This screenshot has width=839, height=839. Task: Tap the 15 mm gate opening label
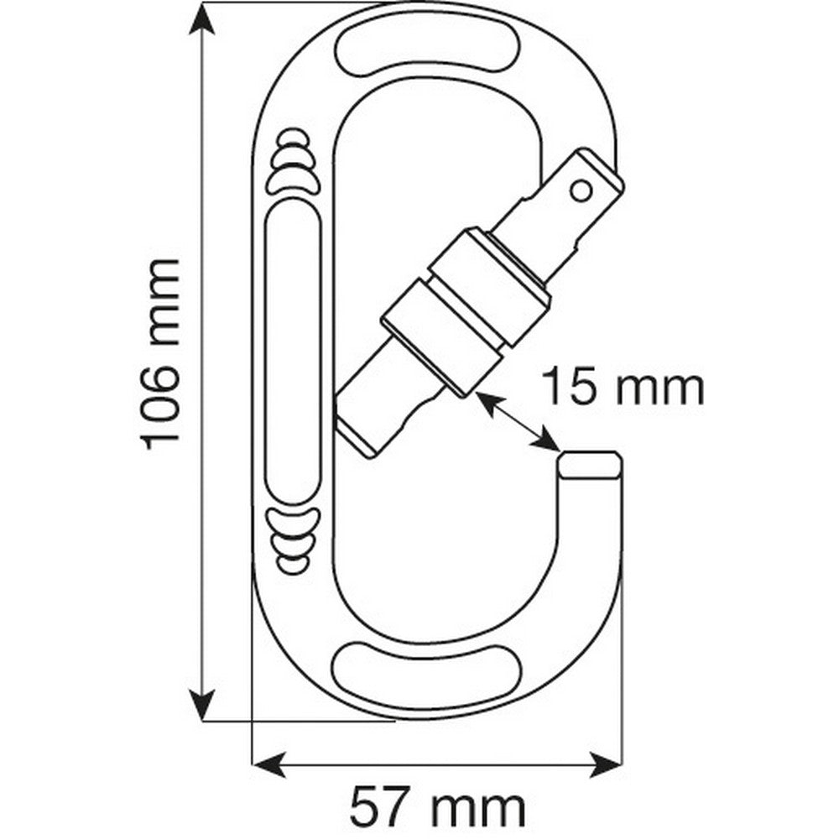point(622,388)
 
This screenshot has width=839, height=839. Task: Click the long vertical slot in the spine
point(293,353)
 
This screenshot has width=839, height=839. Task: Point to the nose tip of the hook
point(590,464)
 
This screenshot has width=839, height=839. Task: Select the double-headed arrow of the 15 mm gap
point(517,421)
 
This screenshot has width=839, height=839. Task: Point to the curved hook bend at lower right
point(579,604)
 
